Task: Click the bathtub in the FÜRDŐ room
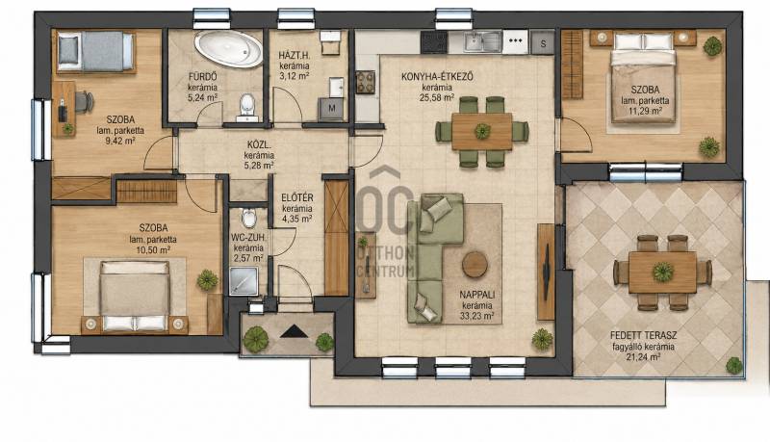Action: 229,48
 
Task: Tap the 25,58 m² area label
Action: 438,97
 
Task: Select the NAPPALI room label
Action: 476,295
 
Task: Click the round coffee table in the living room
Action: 475,265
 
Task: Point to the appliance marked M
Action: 331,109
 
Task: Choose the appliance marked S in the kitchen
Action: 543,43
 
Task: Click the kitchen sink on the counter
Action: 482,41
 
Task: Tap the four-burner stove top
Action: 366,82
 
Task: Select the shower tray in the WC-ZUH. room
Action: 244,281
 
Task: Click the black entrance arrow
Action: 295,331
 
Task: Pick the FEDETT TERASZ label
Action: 643,336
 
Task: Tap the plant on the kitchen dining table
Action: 482,131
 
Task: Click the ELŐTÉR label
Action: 297,198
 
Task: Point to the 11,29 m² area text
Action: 645,111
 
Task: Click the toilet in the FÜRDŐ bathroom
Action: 246,106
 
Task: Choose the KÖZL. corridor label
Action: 259,144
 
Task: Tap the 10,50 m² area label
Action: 153,249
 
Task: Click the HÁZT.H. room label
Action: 294,55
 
